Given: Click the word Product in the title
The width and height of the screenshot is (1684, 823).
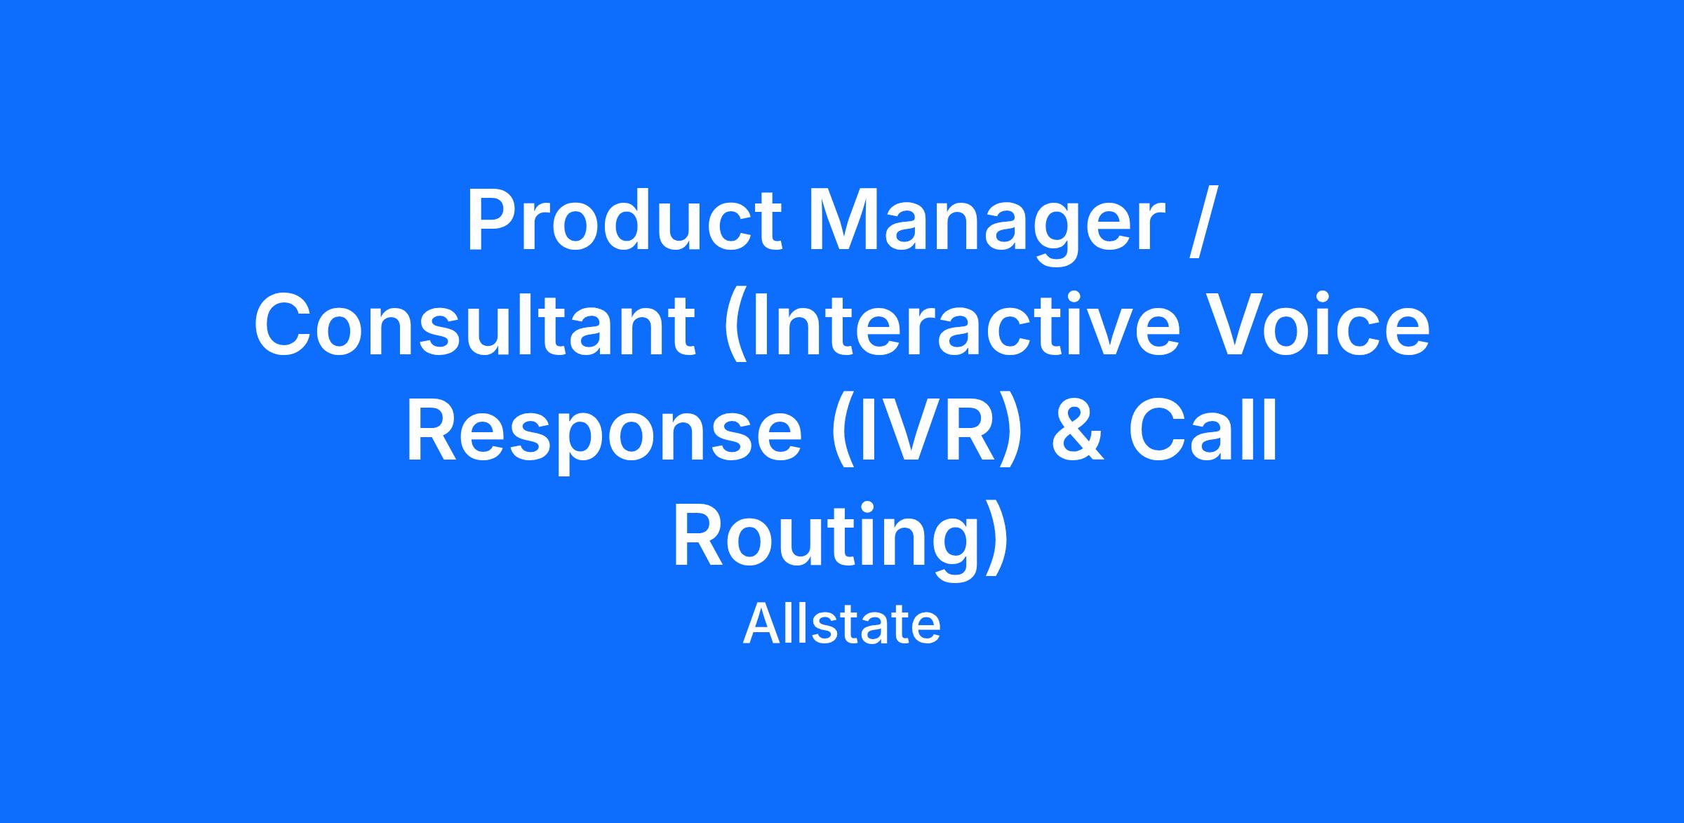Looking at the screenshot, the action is click(624, 219).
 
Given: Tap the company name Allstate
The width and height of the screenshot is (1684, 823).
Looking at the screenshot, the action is click(841, 624).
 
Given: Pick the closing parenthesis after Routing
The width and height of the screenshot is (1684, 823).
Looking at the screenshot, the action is click(997, 538).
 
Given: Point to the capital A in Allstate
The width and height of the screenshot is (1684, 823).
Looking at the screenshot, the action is click(761, 624).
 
